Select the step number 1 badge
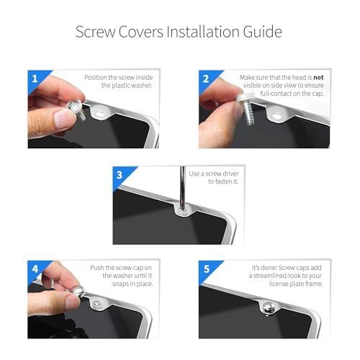click(x=35, y=78)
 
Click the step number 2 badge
click(x=206, y=78)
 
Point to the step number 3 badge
click(x=120, y=175)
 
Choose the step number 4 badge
click(x=35, y=269)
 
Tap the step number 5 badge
click(x=207, y=269)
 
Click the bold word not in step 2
click(x=318, y=78)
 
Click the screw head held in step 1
click(x=74, y=106)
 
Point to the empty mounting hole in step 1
click(x=101, y=113)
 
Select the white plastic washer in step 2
click(x=244, y=99)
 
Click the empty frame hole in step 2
click(x=276, y=117)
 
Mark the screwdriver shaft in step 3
click(x=183, y=188)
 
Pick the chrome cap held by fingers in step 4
click(x=79, y=292)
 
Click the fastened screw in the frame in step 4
click(x=98, y=304)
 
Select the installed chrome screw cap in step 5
click(x=268, y=308)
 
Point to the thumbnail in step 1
click(x=63, y=118)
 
